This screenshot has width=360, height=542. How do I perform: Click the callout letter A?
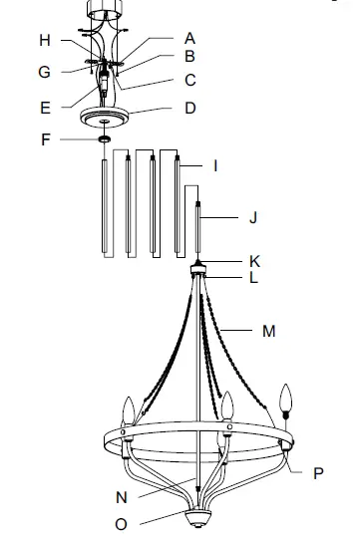pyautogui.click(x=189, y=38)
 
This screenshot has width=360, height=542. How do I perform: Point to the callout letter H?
pyautogui.click(x=44, y=40)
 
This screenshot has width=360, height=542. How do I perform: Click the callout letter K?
pyautogui.click(x=254, y=260)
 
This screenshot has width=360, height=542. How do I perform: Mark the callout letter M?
pyautogui.click(x=268, y=331)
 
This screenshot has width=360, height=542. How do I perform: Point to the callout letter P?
pyautogui.click(x=318, y=473)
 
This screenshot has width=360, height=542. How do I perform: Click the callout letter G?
pyautogui.click(x=44, y=72)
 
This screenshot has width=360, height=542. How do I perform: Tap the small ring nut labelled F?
pyautogui.click(x=103, y=139)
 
